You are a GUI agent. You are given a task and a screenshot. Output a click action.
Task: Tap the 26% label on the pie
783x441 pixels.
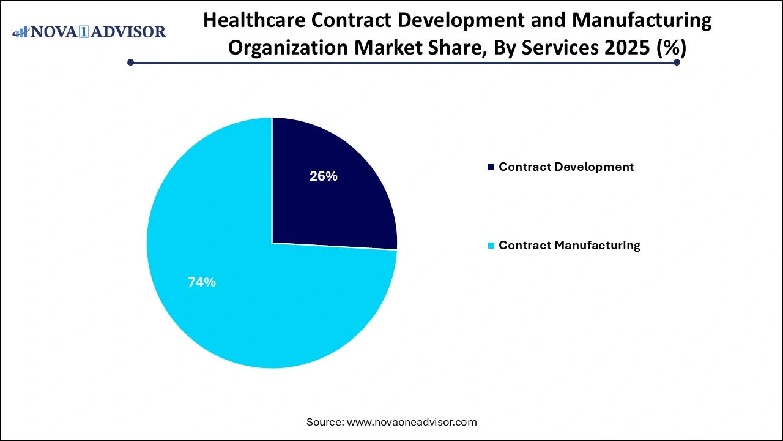tap(323, 176)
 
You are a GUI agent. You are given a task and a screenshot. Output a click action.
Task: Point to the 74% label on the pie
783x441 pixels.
tap(201, 282)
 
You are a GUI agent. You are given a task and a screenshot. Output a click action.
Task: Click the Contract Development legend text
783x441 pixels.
tap(566, 167)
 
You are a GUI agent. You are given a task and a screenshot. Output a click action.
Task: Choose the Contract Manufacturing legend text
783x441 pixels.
tap(569, 246)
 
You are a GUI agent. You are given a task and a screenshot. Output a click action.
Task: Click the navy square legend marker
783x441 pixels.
tap(491, 167)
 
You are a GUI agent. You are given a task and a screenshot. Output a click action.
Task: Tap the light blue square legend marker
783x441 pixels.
tap(491, 246)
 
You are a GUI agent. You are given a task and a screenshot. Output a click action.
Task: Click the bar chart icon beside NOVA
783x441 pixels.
tap(20, 31)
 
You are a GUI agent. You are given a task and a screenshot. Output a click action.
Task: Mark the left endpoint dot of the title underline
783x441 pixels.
tap(130, 62)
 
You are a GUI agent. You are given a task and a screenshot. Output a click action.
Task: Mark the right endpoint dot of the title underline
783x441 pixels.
tap(677, 62)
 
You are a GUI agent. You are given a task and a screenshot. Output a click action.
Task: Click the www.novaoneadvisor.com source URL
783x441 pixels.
tap(412, 422)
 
